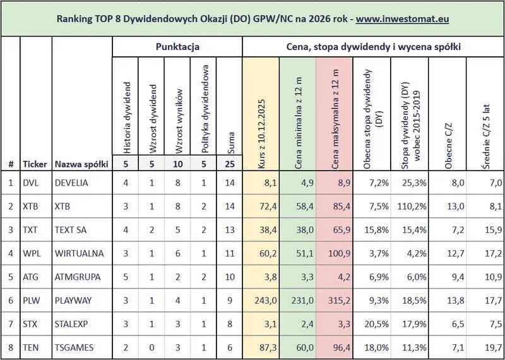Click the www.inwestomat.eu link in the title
click(402, 19)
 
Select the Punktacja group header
click(177, 47)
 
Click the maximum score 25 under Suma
click(229, 164)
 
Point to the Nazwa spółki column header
click(81, 164)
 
